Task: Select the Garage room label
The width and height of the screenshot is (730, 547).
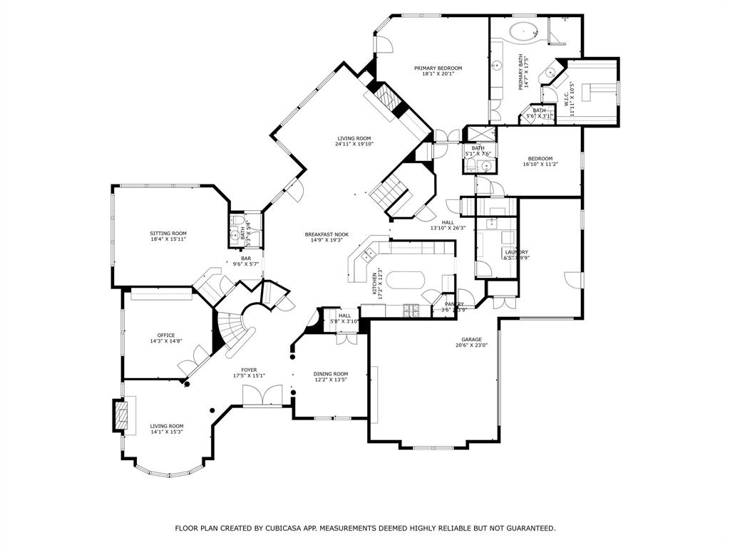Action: click(x=471, y=340)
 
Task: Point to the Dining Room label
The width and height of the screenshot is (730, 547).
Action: click(x=331, y=374)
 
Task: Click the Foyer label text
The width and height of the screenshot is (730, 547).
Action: click(x=249, y=370)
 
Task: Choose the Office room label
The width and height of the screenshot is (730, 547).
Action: click(x=165, y=335)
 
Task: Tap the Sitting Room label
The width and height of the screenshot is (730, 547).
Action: click(x=168, y=234)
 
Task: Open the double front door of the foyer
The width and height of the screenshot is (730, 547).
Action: click(x=253, y=396)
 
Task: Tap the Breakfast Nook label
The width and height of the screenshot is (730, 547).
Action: click(x=327, y=234)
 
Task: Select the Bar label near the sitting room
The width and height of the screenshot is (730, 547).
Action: click(x=246, y=259)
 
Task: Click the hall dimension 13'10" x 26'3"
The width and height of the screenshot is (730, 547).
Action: click(x=448, y=228)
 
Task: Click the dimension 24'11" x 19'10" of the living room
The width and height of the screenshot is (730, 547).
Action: click(x=354, y=144)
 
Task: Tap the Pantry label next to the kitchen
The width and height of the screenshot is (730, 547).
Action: click(x=454, y=304)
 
